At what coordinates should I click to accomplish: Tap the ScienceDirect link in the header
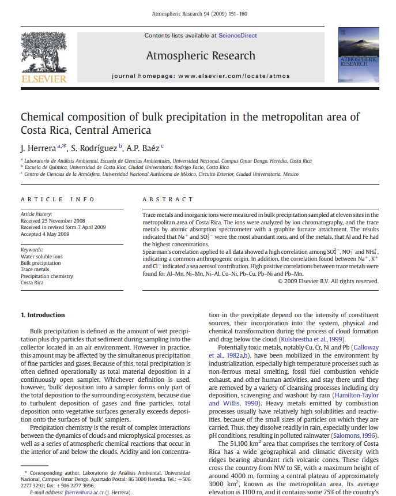coord(237,36)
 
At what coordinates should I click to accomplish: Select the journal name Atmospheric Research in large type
coord(201,55)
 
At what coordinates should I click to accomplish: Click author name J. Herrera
coord(37,148)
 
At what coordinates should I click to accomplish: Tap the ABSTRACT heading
coord(168,200)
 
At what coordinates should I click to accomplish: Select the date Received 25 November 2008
coord(53,220)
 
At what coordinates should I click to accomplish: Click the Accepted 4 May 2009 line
coord(45,234)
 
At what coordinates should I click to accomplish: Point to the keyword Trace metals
coord(35,269)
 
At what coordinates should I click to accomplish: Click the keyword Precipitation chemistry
coord(47,276)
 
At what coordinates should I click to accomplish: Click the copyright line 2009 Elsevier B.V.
coord(328,281)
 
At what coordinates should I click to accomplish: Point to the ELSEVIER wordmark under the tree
coord(44,78)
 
